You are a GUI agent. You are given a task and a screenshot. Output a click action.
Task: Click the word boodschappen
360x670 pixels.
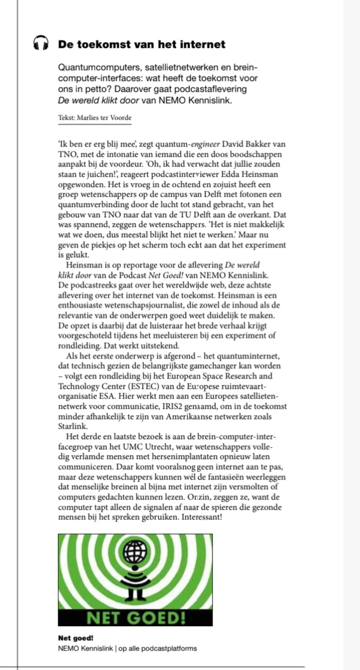pos(256,155)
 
